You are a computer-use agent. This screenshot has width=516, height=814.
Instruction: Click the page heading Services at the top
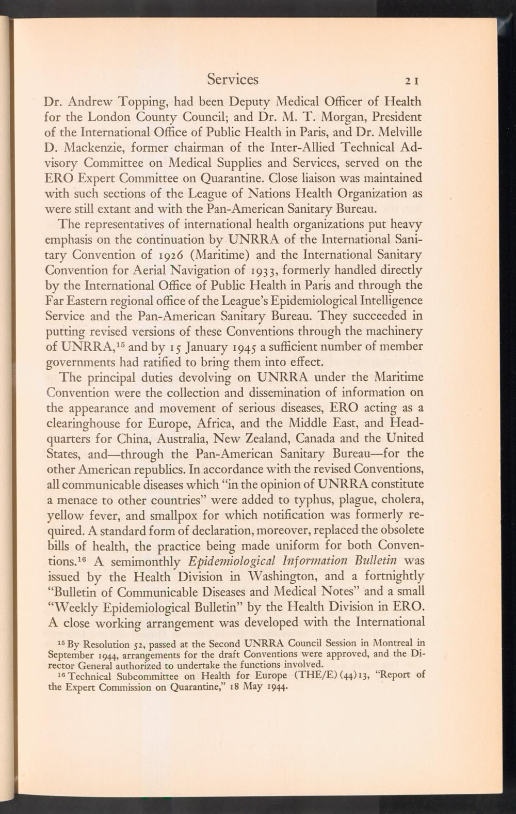[x=233, y=79]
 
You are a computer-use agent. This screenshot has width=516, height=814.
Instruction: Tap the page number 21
[x=414, y=81]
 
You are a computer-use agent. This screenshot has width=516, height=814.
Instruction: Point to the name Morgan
[x=344, y=117]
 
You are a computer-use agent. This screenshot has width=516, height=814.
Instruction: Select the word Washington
[x=266, y=576]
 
